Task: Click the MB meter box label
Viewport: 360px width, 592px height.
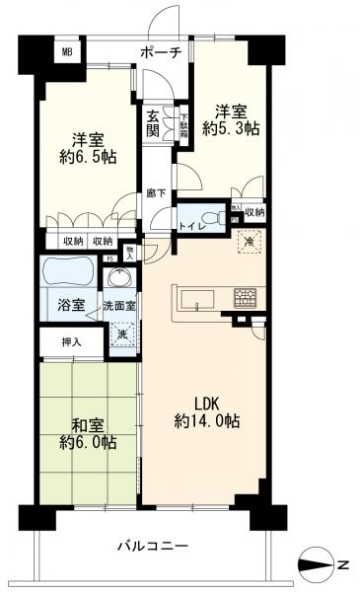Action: pos(68,51)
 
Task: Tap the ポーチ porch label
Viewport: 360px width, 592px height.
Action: pos(161,52)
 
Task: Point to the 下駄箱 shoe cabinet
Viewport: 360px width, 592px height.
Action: pos(183,121)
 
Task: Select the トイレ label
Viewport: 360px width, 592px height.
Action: pos(191,229)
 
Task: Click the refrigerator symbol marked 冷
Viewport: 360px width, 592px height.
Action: pos(250,240)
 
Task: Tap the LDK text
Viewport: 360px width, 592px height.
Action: pos(202,404)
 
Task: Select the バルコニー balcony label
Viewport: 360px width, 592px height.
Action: pos(151,545)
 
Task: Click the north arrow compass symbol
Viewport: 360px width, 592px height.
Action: pos(317,564)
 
